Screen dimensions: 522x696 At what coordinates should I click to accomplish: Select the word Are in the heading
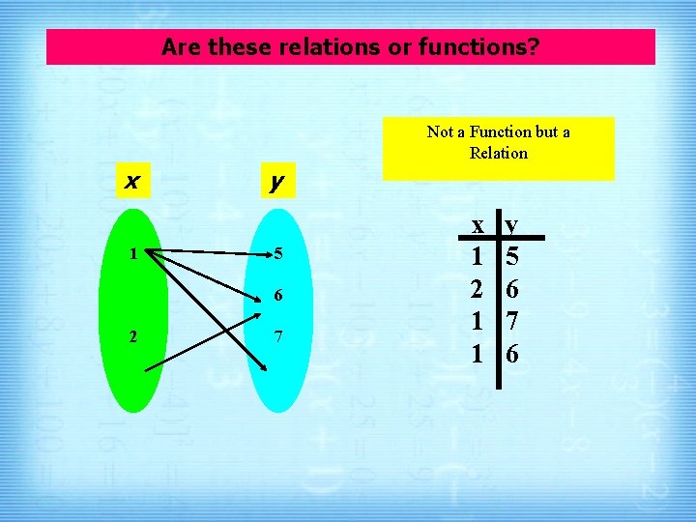pos(179,46)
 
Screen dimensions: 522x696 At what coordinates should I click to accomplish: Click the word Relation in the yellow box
pos(498,153)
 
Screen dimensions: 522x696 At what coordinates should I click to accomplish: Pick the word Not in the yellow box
pos(440,131)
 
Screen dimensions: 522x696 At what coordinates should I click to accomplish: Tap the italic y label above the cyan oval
pos(277,181)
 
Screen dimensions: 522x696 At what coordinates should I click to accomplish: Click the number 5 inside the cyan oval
pos(277,255)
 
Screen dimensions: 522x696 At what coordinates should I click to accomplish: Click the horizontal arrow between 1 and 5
pos(208,254)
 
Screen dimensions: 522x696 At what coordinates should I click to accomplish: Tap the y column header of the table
pos(511,224)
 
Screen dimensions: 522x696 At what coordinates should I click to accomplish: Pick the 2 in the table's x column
pos(477,289)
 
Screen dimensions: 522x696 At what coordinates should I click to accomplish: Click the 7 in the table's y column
pos(512,322)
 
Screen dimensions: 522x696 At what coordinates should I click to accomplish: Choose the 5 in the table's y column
pos(512,257)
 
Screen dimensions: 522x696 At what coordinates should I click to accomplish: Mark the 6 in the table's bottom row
pos(512,355)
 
